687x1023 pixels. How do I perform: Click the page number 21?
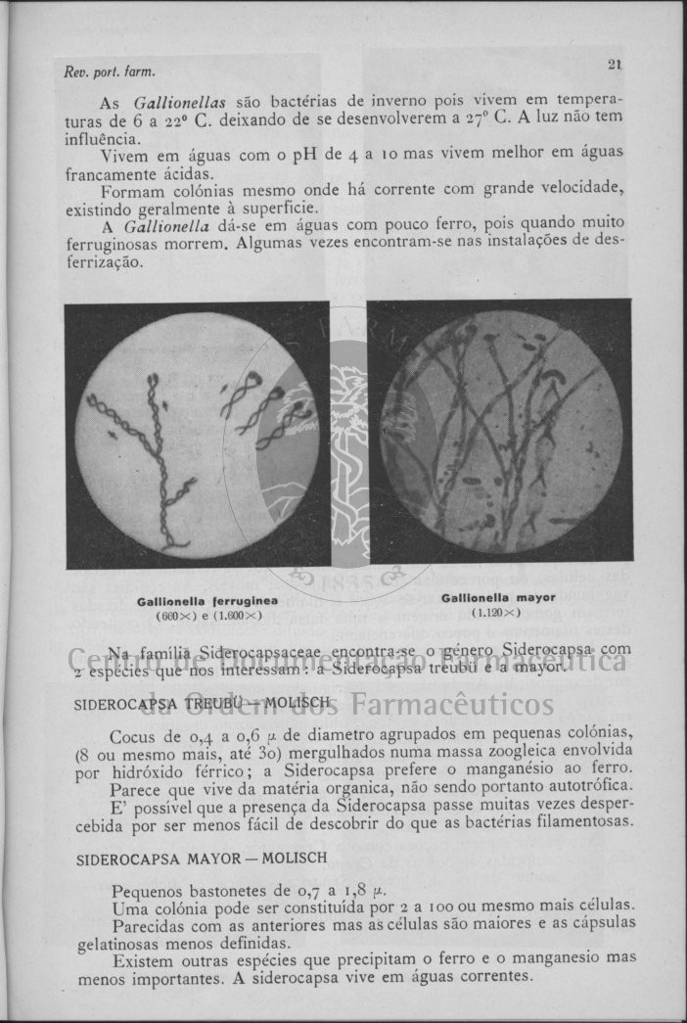tap(615, 65)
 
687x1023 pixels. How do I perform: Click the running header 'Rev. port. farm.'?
tap(110, 72)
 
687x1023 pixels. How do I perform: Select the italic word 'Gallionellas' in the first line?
tap(180, 102)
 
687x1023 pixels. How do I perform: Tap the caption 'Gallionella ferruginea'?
tap(207, 600)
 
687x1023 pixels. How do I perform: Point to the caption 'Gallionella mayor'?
tap(498, 597)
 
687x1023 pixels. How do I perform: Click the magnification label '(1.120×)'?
tap(496, 613)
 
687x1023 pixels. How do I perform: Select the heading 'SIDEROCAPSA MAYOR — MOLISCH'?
tap(202, 858)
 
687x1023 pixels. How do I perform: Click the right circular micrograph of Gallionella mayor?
tap(500, 431)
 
